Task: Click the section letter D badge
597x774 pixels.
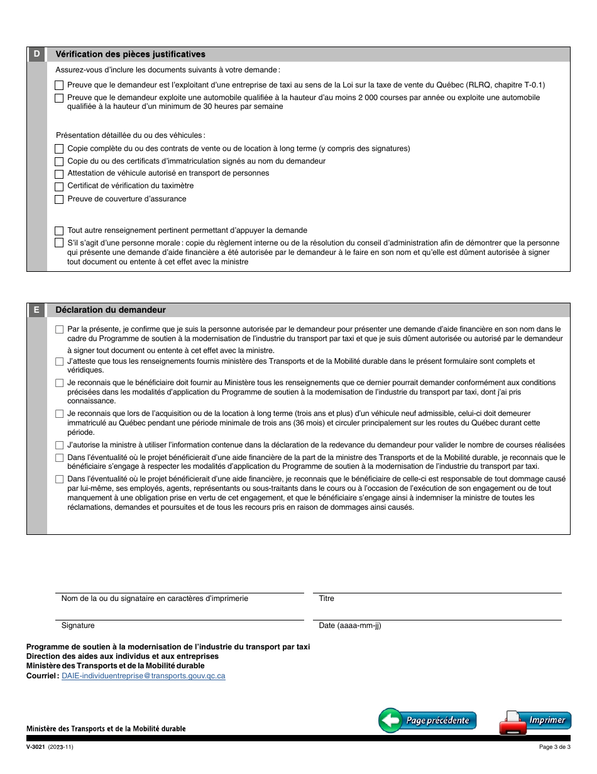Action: [36, 54]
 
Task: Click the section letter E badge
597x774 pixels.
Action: [36, 310]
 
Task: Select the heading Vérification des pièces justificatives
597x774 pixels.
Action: [130, 55]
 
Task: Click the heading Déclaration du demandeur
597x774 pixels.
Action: [111, 310]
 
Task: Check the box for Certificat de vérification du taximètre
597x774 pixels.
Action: [59, 186]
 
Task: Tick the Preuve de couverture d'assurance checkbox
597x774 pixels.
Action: [59, 199]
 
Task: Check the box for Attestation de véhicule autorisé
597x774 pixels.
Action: [59, 174]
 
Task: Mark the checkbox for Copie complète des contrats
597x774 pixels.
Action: [59, 149]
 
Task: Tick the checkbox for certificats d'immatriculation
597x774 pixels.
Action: [59, 162]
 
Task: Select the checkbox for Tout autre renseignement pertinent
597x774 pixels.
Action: [59, 231]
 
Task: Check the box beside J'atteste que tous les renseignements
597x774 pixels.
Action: [59, 362]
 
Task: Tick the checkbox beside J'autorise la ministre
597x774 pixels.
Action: [59, 446]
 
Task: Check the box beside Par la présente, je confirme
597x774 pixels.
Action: [59, 329]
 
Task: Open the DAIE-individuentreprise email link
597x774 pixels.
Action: [143, 676]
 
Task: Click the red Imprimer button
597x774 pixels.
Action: [535, 721]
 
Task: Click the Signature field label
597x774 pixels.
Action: [78, 625]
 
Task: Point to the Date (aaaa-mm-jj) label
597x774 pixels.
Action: [349, 625]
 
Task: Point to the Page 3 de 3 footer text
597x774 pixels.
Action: [554, 748]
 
